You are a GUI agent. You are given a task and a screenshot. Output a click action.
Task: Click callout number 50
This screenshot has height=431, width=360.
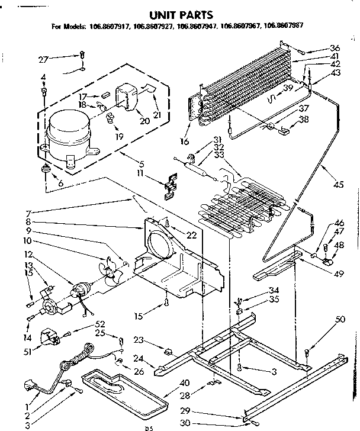[339, 320]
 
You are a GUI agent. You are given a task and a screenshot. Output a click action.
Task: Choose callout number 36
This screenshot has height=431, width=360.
[335, 48]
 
